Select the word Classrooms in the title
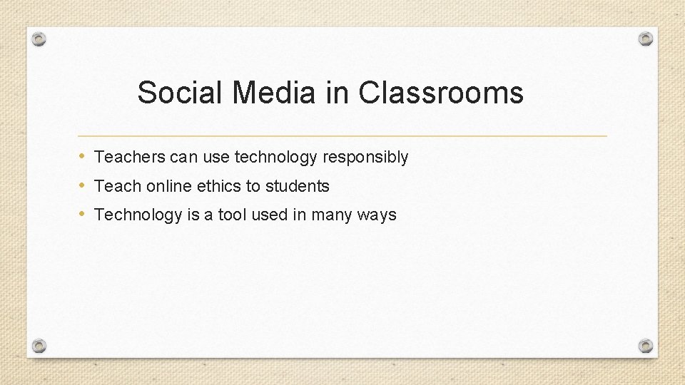click(441, 93)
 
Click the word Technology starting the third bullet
click(138, 215)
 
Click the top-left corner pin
click(39, 39)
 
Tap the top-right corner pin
click(646, 38)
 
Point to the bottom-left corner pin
click(39, 346)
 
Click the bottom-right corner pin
click(646, 346)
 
